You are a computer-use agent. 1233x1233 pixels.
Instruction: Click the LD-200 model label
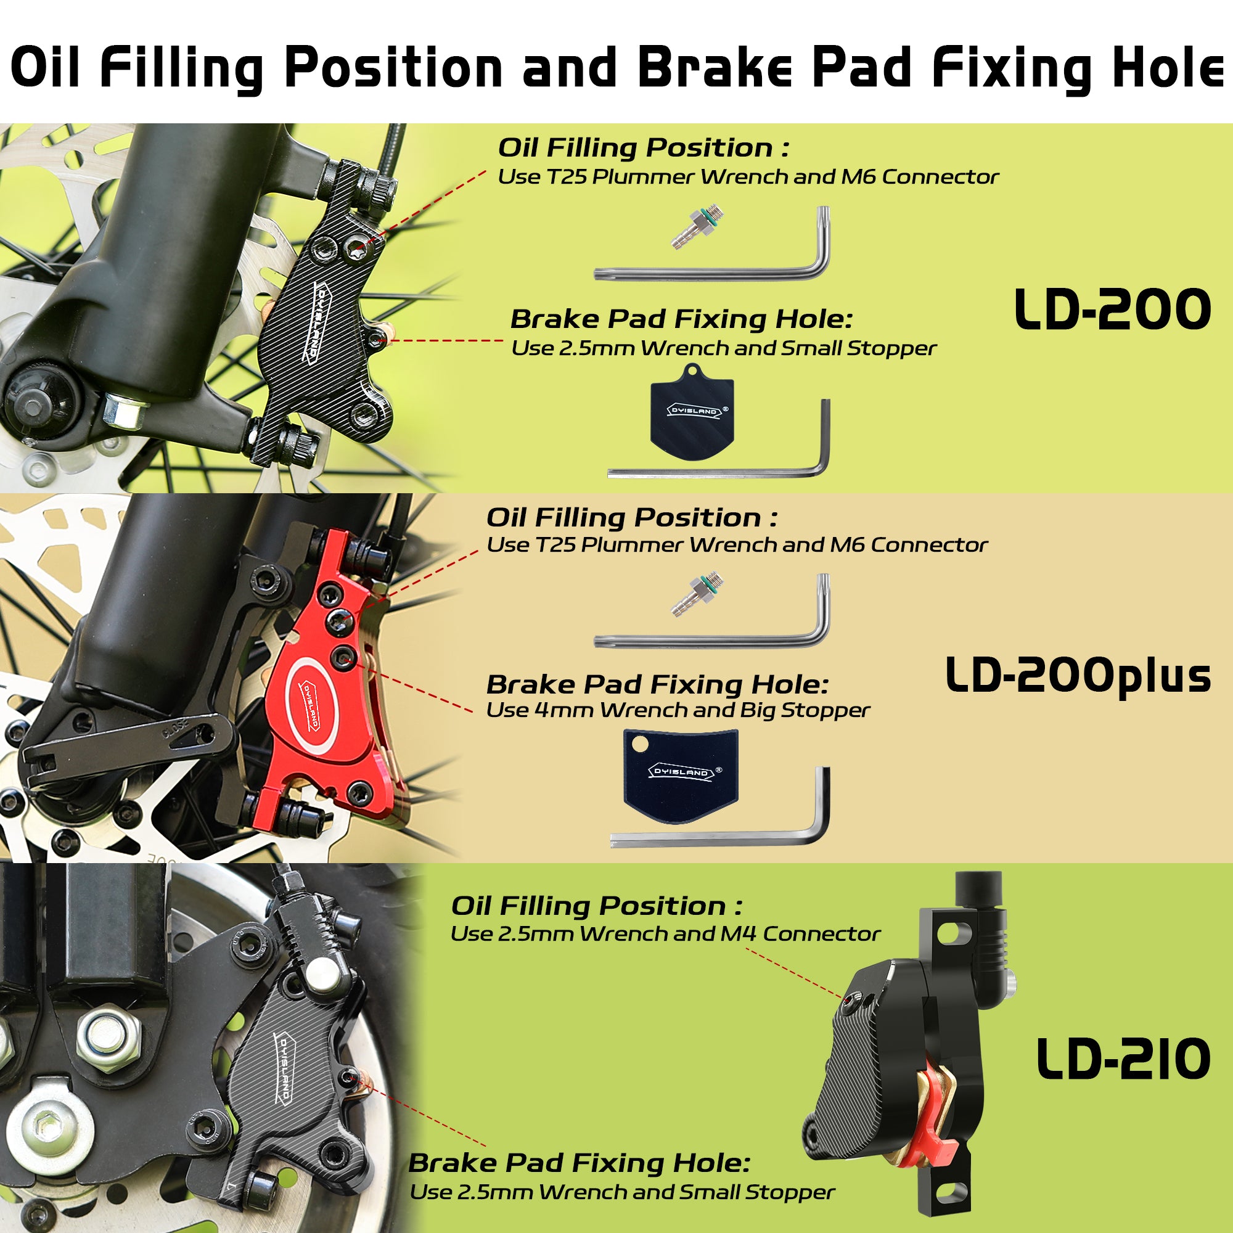(x=1112, y=310)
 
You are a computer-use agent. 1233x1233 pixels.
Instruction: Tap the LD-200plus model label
(x=1078, y=676)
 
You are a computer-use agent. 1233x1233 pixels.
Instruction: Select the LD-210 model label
(x=1123, y=1059)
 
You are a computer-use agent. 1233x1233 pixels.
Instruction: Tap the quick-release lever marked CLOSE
(x=128, y=740)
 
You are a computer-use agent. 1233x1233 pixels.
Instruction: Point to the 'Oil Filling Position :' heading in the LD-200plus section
(x=632, y=518)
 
